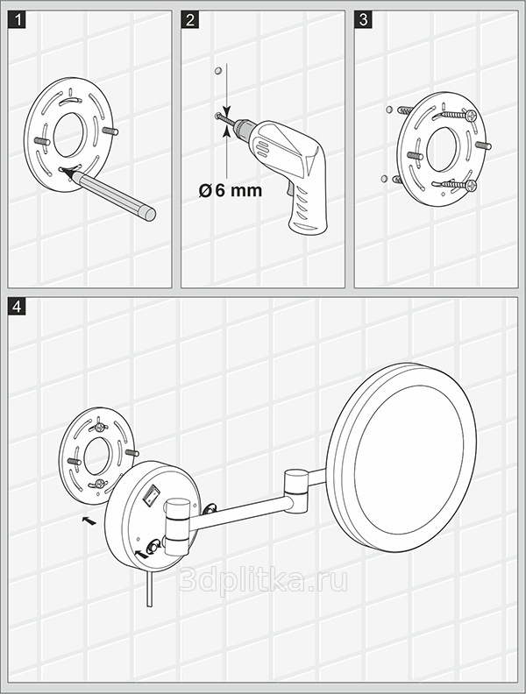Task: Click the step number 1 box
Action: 17,19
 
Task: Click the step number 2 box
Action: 190,19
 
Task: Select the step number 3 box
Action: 364,19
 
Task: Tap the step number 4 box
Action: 17,307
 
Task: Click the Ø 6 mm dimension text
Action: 231,191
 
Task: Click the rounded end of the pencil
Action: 150,214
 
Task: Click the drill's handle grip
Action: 308,209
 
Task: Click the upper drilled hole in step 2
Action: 217,71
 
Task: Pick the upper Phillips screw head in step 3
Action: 471,116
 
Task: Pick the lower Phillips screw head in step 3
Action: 471,186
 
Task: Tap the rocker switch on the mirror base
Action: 152,494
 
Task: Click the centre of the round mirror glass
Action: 409,459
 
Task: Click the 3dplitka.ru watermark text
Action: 264,580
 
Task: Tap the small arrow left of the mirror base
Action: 89,521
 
